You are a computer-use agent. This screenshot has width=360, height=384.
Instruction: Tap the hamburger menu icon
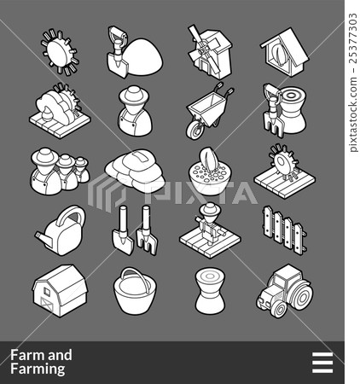(x=322, y=363)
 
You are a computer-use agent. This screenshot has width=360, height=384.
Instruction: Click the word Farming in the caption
(x=38, y=369)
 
